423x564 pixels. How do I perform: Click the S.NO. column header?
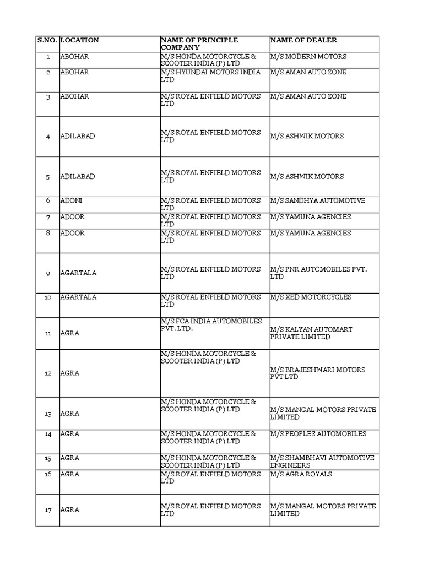[x=47, y=40]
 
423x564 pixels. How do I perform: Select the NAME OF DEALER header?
[x=303, y=40]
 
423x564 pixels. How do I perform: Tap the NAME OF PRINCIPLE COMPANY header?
[x=199, y=44]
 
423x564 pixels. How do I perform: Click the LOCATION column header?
[x=80, y=40]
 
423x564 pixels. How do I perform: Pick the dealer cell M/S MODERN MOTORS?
[x=308, y=57]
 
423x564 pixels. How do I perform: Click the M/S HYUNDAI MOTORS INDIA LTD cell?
[x=210, y=76]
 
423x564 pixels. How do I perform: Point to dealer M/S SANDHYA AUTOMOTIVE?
[x=318, y=201]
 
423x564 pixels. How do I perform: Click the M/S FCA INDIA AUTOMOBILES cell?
[x=211, y=325]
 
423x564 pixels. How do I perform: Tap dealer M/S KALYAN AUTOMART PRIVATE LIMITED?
[x=311, y=333]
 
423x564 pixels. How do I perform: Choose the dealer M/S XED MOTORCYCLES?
[x=311, y=297]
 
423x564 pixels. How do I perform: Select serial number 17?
[x=48, y=510]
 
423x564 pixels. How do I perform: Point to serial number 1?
[x=48, y=57]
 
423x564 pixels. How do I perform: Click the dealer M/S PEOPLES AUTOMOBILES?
[x=318, y=434]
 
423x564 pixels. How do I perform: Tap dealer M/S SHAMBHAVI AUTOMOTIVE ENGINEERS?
[x=322, y=462]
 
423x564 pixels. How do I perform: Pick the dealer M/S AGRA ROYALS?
[x=301, y=474]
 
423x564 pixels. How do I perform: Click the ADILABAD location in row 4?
[x=78, y=136]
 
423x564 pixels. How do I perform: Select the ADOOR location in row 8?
[x=73, y=233]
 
